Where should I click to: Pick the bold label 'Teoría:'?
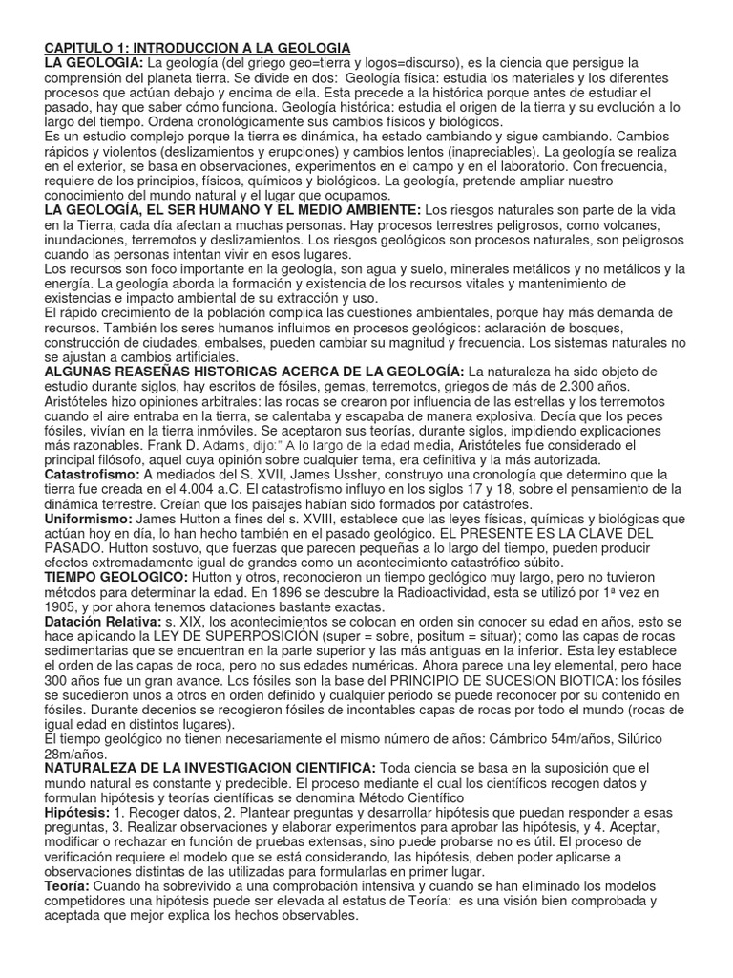67,887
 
